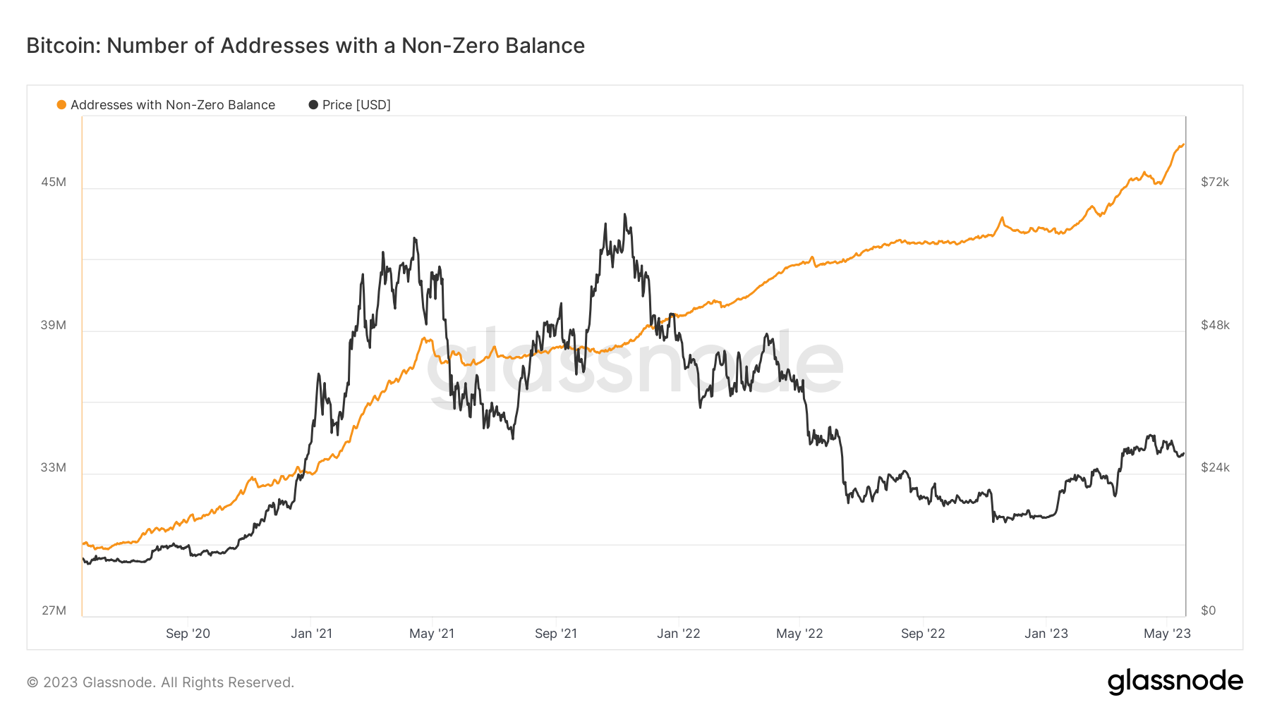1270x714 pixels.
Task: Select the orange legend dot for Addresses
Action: (x=61, y=105)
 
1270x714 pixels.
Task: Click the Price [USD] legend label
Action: (x=356, y=105)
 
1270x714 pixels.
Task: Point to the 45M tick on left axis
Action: (x=54, y=182)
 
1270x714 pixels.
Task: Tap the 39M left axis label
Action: (x=54, y=325)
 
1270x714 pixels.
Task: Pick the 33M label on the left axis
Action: (x=54, y=467)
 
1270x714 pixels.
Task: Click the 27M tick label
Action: (x=54, y=610)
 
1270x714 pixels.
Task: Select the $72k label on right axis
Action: (x=1215, y=182)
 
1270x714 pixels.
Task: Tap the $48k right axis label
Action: (x=1215, y=325)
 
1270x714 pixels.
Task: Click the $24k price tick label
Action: (x=1215, y=467)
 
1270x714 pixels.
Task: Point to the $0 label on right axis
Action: (x=1209, y=610)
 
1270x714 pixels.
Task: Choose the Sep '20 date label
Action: (x=188, y=633)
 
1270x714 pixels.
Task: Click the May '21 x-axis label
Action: (x=432, y=633)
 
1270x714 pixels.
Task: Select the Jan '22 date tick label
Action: (x=678, y=633)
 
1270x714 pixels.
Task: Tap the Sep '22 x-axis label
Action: (x=922, y=633)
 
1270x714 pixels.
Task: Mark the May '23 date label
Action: (x=1167, y=633)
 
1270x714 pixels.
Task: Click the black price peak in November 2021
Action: (x=625, y=215)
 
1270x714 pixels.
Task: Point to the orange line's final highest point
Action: (x=1183, y=144)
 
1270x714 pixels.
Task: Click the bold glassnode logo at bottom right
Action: (x=1175, y=682)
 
